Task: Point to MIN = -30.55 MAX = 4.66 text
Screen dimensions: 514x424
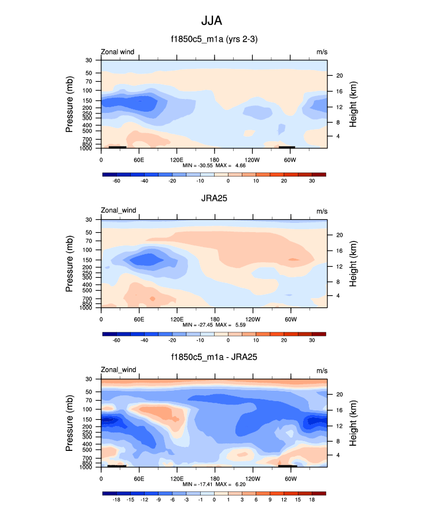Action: [214, 166]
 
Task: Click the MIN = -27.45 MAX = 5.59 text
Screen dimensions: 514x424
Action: [214, 325]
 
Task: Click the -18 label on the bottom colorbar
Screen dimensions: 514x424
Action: [116, 499]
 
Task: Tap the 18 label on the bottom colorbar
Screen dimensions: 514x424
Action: [312, 499]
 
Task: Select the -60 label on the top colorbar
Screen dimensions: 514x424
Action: [116, 181]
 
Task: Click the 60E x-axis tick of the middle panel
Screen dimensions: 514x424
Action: [139, 319]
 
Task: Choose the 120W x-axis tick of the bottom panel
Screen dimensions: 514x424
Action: [252, 479]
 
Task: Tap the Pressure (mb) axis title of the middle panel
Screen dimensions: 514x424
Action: [69, 263]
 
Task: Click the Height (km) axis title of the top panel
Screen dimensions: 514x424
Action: [353, 104]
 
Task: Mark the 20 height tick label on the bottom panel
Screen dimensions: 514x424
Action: [340, 394]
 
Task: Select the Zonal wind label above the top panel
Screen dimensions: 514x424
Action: [117, 52]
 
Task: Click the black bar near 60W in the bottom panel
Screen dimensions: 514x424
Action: [287, 465]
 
